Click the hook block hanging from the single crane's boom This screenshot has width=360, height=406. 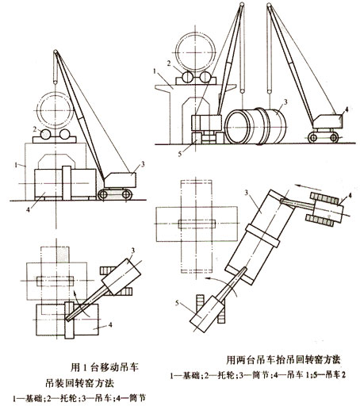coord(56,79)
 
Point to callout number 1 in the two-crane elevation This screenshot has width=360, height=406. coord(158,71)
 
